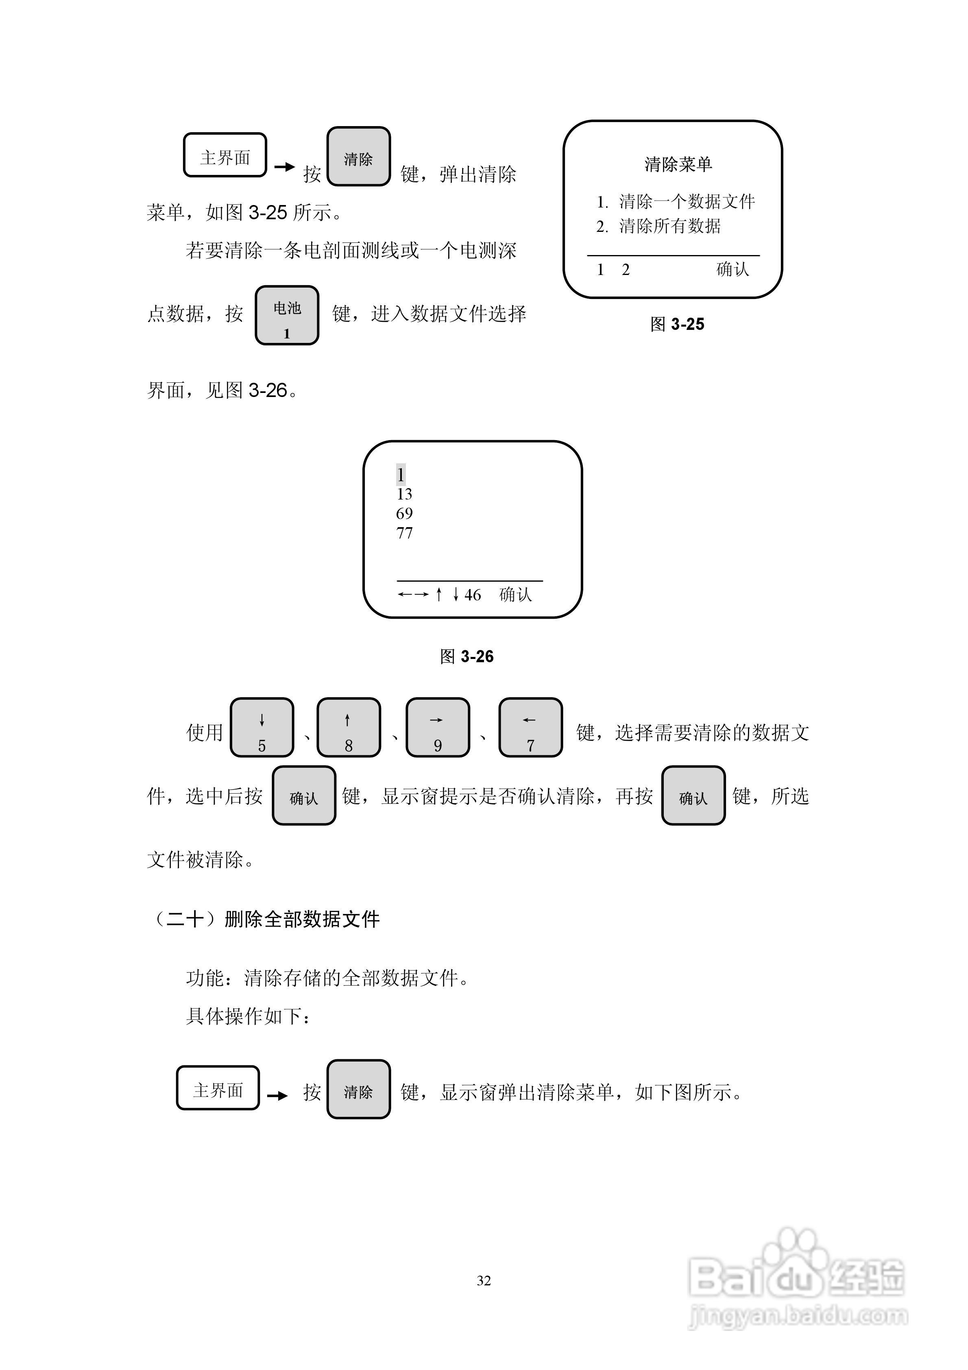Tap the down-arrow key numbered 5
[262, 727]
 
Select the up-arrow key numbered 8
[349, 727]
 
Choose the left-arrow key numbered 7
[530, 727]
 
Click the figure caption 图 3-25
[677, 325]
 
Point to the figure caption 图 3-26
[466, 657]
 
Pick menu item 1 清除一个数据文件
[676, 202]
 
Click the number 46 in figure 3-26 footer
[473, 595]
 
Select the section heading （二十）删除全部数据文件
[266, 919]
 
